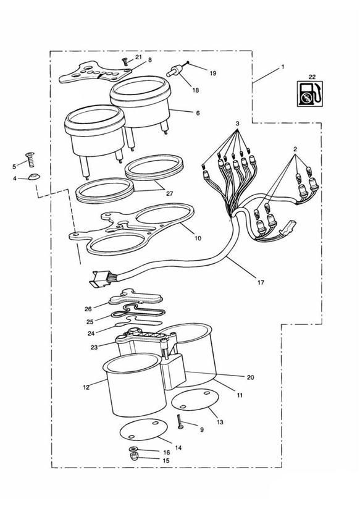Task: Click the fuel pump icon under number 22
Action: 310,93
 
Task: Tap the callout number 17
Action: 261,282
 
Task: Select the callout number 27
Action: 169,193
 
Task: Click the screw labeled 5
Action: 30,160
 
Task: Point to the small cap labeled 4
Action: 33,176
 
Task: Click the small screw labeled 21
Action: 124,61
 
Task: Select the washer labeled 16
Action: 132,449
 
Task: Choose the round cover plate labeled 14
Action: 143,429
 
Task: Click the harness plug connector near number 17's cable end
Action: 100,279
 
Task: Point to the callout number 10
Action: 198,238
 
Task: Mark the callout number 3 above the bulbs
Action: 238,124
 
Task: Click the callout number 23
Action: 94,347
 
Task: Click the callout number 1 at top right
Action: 283,67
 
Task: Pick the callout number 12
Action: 86,387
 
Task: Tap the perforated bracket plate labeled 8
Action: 96,73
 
